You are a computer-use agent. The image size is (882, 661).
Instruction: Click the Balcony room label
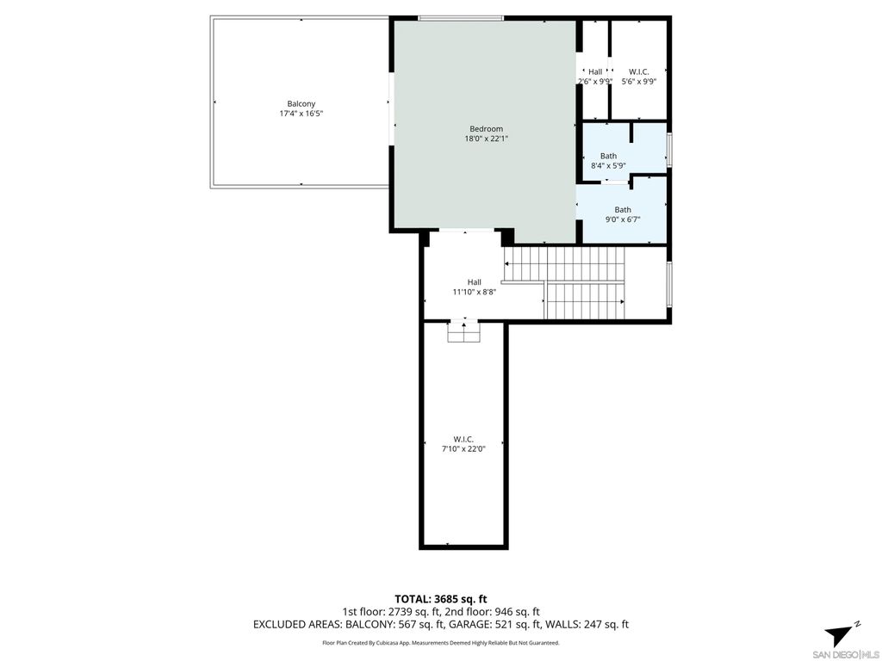pos(301,104)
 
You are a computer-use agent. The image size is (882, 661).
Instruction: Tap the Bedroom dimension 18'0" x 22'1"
pos(486,139)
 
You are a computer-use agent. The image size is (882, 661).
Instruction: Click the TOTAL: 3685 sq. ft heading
pos(441,598)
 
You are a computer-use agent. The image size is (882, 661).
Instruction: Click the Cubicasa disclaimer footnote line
pos(441,642)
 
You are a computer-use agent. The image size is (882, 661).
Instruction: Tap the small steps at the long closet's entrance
pos(463,331)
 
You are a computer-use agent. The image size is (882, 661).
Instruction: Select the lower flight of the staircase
pos(584,301)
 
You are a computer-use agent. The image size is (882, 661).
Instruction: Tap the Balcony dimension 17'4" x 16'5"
pos(301,114)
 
